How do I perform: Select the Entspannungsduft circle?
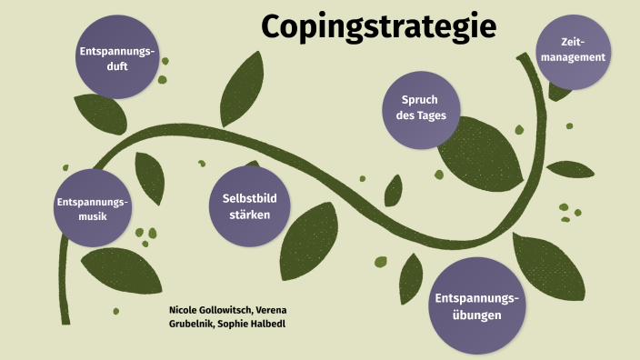pos(115,57)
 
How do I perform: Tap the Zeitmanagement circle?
pos(572,51)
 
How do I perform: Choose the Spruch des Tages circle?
pos(419,108)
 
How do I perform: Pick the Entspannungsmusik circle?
pos(93,207)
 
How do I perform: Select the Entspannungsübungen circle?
pos(476,307)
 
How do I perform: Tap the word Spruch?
pos(420,101)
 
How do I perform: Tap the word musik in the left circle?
pos(93,215)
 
